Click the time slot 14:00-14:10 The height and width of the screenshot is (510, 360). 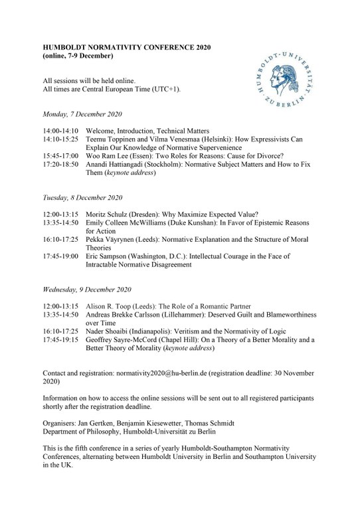(x=60, y=131)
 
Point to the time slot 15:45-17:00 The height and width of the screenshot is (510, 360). (x=60, y=157)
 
